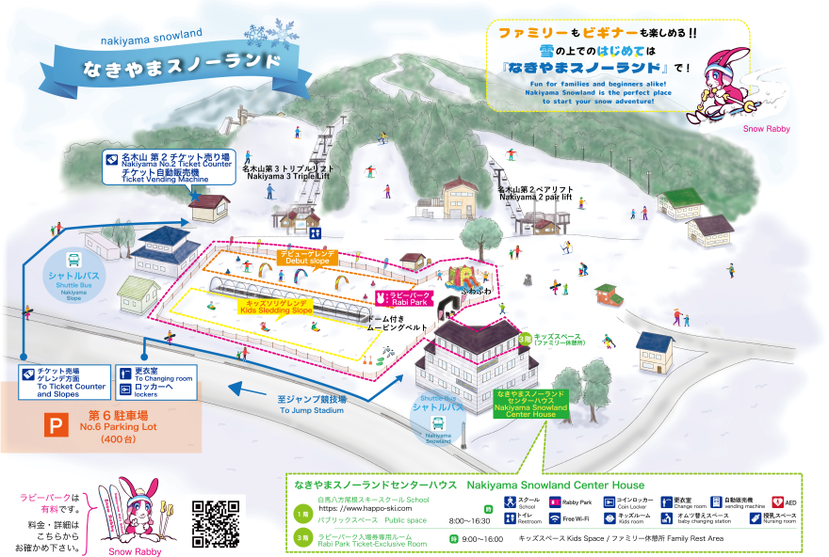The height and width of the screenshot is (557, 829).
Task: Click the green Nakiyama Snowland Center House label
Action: coord(530,404)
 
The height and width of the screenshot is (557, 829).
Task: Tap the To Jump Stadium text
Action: coord(312,405)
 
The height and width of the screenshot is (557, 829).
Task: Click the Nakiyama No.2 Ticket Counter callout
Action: coord(170,167)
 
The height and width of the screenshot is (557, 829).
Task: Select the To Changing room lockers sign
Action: coord(155,380)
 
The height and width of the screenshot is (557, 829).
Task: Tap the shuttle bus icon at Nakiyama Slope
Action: coord(73,261)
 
